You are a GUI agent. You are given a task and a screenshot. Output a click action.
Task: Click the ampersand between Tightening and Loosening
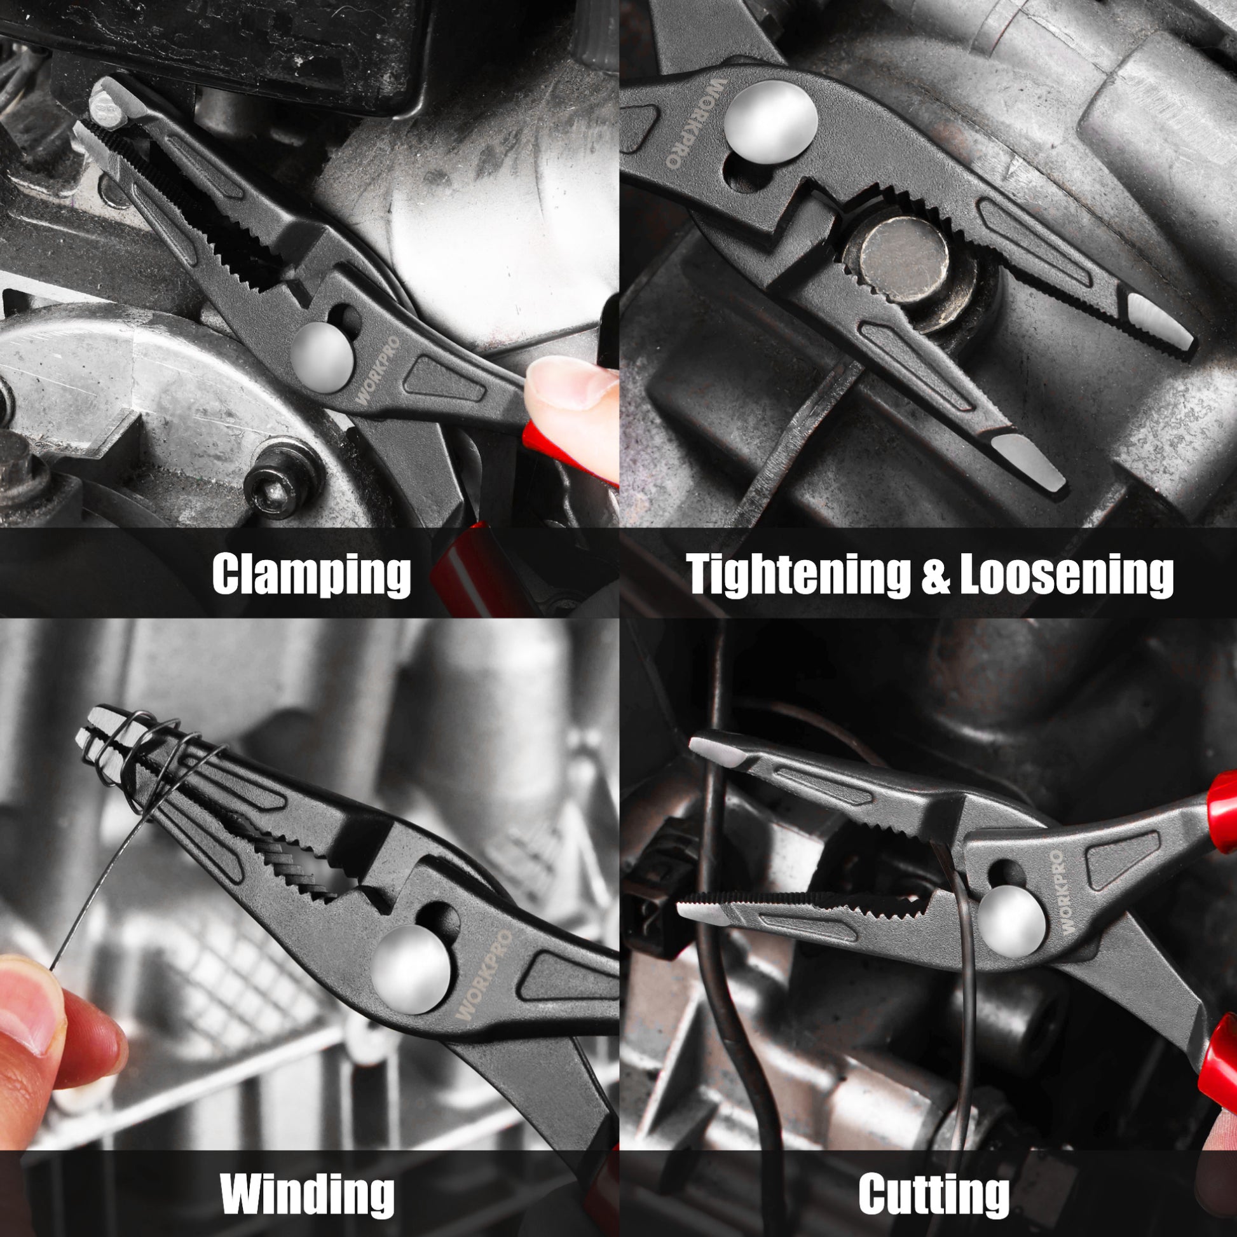point(934,575)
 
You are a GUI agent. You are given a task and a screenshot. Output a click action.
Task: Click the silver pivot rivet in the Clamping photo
point(323,357)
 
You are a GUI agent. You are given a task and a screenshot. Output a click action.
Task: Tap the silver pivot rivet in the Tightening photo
point(771,121)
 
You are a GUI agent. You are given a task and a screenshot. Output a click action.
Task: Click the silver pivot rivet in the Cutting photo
point(1011,920)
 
